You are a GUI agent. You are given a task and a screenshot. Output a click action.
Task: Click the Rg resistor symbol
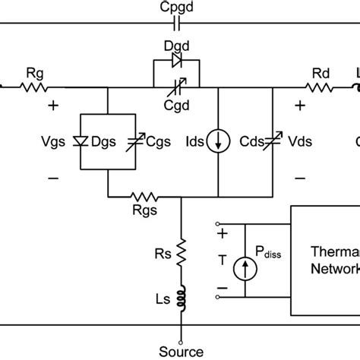pyautogui.click(x=33, y=87)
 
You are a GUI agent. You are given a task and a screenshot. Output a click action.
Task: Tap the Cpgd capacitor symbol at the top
pyautogui.click(x=180, y=24)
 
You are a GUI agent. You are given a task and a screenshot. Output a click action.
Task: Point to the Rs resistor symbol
pyautogui.click(x=180, y=250)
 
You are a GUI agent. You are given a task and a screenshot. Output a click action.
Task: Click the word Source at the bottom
pyautogui.click(x=181, y=351)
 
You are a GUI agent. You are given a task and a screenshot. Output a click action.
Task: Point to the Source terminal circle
pyautogui.click(x=180, y=333)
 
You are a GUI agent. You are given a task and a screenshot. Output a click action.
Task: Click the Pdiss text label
pyautogui.click(x=269, y=257)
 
